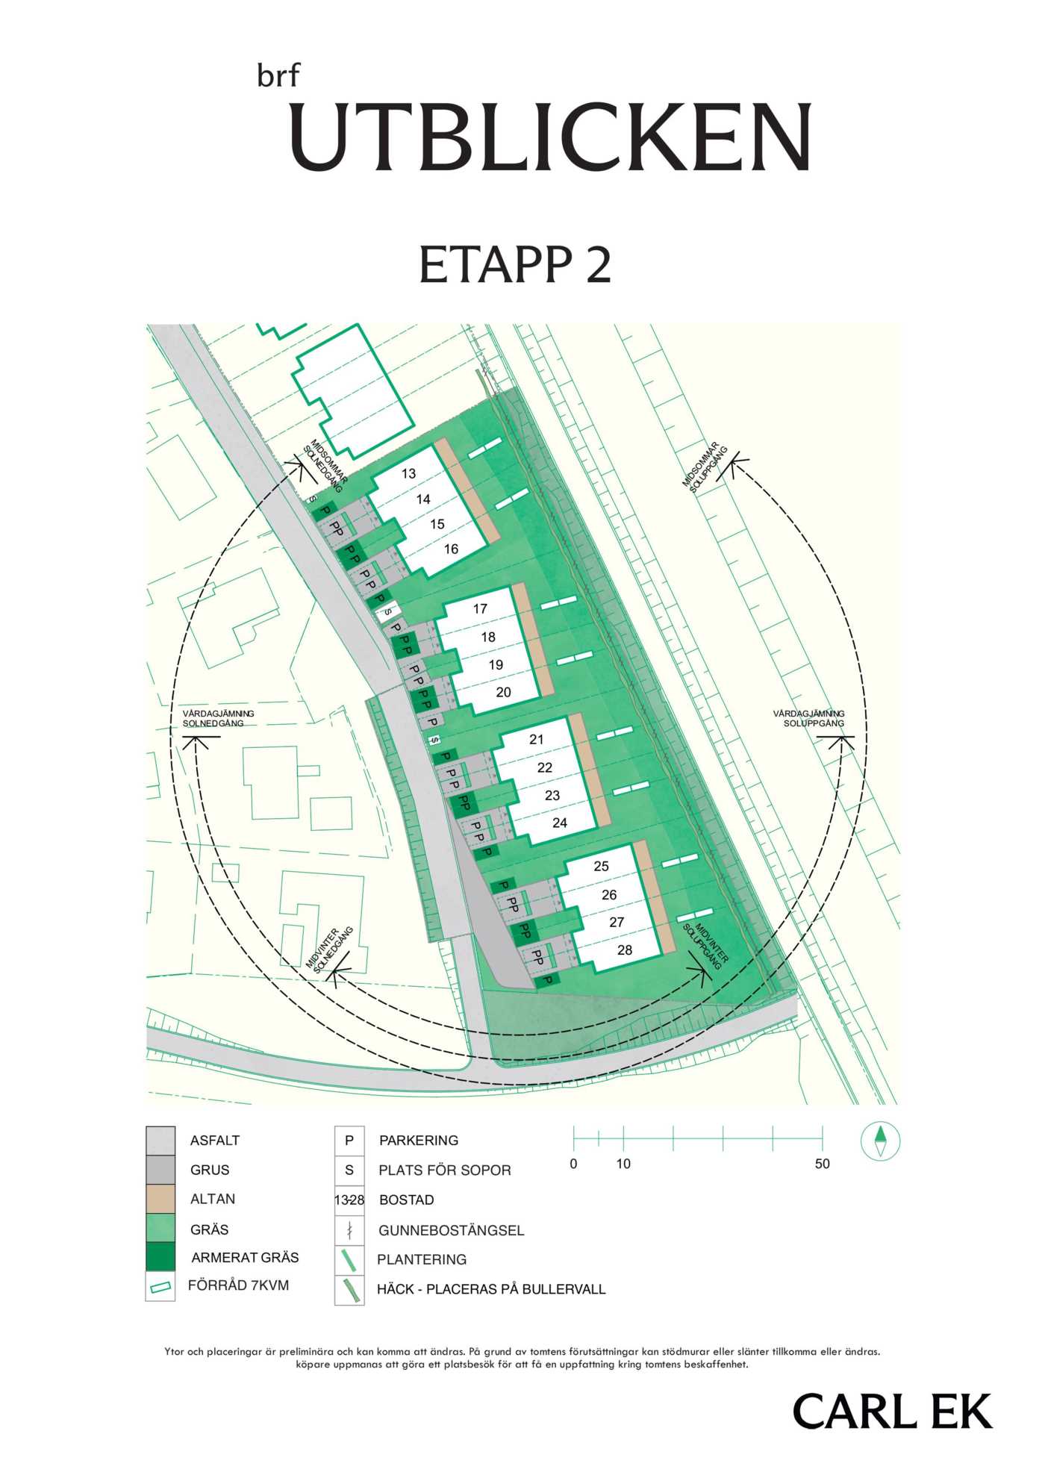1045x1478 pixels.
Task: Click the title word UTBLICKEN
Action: coord(551,137)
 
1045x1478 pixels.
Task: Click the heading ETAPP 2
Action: coord(515,264)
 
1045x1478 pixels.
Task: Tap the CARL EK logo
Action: coord(892,1411)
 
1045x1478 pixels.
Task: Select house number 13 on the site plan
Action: coord(408,473)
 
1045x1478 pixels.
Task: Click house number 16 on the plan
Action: coord(451,549)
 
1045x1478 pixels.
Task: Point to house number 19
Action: coord(496,664)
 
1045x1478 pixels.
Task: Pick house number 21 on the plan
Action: coord(537,739)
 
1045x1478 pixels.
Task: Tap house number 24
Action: coord(560,823)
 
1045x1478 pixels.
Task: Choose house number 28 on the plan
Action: coord(625,950)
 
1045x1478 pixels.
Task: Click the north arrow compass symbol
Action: coord(880,1141)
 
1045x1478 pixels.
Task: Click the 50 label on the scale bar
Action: coord(822,1164)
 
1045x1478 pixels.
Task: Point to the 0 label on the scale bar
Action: coord(573,1164)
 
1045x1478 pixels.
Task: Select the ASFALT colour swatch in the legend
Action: coord(160,1141)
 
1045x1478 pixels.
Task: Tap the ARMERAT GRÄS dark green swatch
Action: coord(160,1257)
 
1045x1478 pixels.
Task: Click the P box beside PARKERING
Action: coord(349,1141)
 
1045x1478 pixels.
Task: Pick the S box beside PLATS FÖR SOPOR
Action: coord(349,1170)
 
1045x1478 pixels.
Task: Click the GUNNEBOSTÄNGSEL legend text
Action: coord(451,1230)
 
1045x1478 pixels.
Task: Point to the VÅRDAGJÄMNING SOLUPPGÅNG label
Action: coord(810,718)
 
